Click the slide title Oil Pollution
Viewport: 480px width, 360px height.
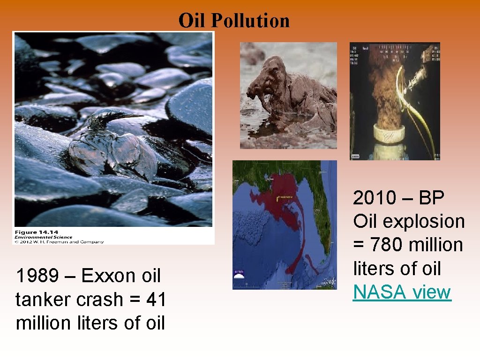tap(234, 21)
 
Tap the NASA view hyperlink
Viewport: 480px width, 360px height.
tap(402, 292)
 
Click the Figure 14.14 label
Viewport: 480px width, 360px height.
tap(32, 232)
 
